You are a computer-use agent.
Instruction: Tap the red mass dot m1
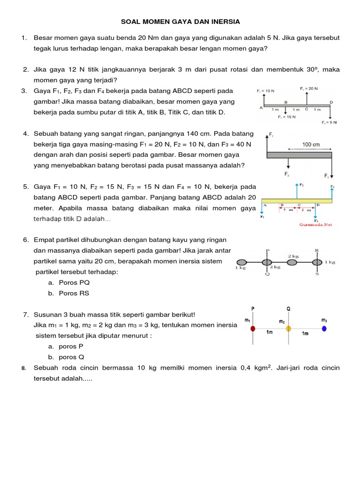click(x=253, y=328)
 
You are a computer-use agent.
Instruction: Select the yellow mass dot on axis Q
click(x=289, y=328)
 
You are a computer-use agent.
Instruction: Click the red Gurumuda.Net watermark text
click(x=315, y=225)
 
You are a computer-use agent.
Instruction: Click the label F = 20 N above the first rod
click(x=308, y=88)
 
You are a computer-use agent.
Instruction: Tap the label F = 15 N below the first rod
click(x=286, y=117)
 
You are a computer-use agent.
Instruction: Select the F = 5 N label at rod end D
click(x=330, y=122)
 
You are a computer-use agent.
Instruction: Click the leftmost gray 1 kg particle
click(x=241, y=262)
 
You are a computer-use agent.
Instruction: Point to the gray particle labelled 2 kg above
click(x=292, y=262)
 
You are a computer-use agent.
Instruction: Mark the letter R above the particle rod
click(x=317, y=251)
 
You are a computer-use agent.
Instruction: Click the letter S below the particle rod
click(x=317, y=274)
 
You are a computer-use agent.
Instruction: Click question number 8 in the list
click(x=24, y=368)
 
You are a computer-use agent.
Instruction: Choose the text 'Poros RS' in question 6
click(x=74, y=293)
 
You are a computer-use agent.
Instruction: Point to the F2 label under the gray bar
click(x=286, y=174)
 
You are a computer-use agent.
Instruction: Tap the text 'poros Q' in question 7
click(x=72, y=357)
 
